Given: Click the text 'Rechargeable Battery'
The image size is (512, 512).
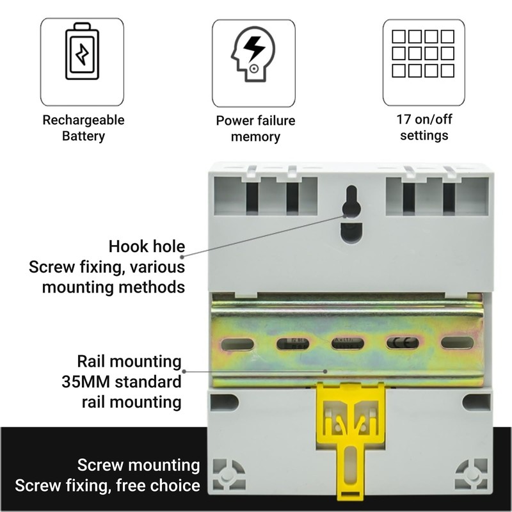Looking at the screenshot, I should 83,128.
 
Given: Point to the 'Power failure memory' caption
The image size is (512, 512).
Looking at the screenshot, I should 256,129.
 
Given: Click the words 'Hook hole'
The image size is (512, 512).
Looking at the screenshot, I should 147,246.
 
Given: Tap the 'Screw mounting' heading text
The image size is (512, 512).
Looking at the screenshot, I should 138,465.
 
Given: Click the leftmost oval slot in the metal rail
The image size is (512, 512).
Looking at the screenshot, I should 236,343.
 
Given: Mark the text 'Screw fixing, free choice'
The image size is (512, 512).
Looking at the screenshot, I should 108,485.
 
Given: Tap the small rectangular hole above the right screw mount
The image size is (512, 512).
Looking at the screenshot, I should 472,403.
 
